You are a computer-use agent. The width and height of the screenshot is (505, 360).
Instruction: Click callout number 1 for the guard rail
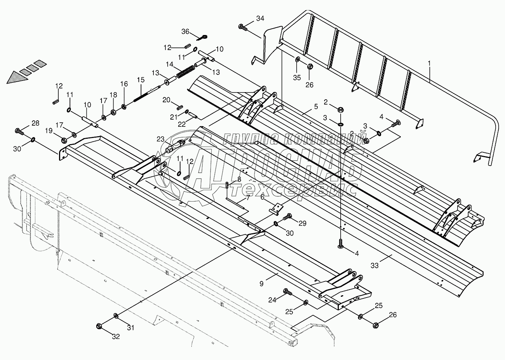[429, 65]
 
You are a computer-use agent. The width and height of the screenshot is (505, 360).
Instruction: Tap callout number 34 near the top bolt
[260, 18]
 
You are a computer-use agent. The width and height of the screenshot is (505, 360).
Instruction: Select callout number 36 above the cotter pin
[185, 32]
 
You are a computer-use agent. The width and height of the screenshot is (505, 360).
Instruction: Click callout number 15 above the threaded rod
[141, 80]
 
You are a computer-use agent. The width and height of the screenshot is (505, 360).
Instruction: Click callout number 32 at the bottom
[115, 337]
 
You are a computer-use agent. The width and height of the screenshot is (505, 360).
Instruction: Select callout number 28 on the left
[35, 123]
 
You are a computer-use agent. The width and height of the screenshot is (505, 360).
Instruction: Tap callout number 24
[272, 300]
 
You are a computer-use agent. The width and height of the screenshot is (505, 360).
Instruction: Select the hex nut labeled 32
[100, 326]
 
